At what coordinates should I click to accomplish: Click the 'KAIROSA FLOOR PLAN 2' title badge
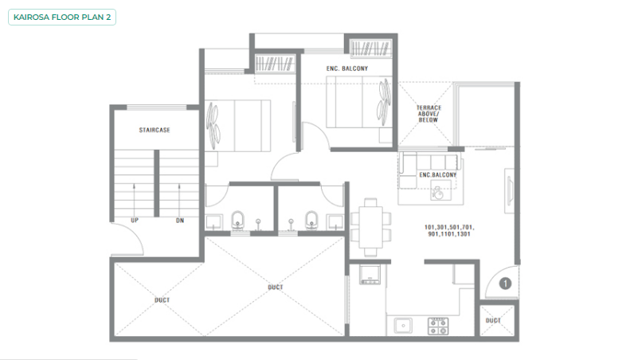point(62,18)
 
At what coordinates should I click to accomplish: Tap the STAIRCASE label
point(155,130)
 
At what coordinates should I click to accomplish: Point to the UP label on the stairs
point(135,221)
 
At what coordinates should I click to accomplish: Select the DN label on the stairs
point(180,221)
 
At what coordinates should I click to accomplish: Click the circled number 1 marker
point(505,284)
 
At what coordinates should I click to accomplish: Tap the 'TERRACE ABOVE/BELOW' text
point(428,114)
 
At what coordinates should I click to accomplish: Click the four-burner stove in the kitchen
point(438,326)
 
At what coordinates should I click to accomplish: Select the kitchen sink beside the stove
point(403,326)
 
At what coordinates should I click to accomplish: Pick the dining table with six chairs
point(370,227)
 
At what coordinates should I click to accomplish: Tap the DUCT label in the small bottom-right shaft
point(493,320)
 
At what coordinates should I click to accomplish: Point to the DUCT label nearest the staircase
point(162,300)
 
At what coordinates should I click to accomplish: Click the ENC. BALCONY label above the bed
point(347,68)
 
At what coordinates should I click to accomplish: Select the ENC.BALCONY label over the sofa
point(437,174)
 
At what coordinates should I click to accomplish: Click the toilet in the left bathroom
point(237,221)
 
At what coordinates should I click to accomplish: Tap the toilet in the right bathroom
point(311,221)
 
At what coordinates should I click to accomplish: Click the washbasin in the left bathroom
point(214,222)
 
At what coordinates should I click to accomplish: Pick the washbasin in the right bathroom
point(335,222)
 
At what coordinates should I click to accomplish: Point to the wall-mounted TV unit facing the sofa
point(510,191)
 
